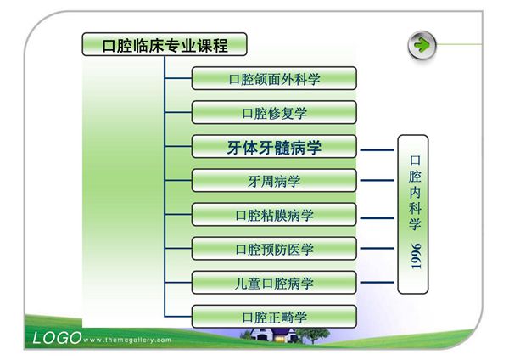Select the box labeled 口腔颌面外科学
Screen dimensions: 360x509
(x=274, y=78)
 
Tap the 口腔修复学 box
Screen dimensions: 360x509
(x=274, y=113)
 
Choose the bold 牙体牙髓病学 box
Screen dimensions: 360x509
(x=274, y=147)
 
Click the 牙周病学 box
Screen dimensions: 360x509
(x=274, y=181)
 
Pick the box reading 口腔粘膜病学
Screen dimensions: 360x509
(x=274, y=215)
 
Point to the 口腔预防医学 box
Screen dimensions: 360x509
(x=274, y=249)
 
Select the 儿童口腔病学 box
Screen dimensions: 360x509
(x=274, y=283)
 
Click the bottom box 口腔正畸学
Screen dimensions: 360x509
(x=274, y=317)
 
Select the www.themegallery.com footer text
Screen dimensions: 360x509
(x=128, y=340)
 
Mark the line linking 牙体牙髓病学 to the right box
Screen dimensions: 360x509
(x=377, y=148)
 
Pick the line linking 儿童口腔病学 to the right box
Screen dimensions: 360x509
(x=377, y=283)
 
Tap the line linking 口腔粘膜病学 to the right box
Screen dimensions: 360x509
(x=377, y=216)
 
